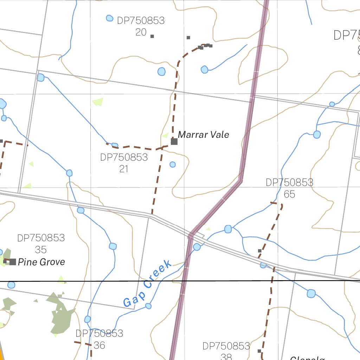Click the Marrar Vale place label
(x=203, y=135)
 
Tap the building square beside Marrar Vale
(x=174, y=141)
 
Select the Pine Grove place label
(x=41, y=262)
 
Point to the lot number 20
(x=141, y=32)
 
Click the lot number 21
(x=123, y=169)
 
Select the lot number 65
(x=289, y=194)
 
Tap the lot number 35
(x=41, y=250)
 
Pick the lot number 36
(x=99, y=345)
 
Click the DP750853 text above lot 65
(x=289, y=182)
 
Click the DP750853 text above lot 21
(x=124, y=157)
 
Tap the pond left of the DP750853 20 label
(x=109, y=18)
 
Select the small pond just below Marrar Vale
(x=173, y=165)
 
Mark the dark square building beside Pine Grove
(x=13, y=262)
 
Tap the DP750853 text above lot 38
(x=226, y=346)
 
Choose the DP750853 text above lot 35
(x=41, y=238)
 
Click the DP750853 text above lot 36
(x=99, y=333)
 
